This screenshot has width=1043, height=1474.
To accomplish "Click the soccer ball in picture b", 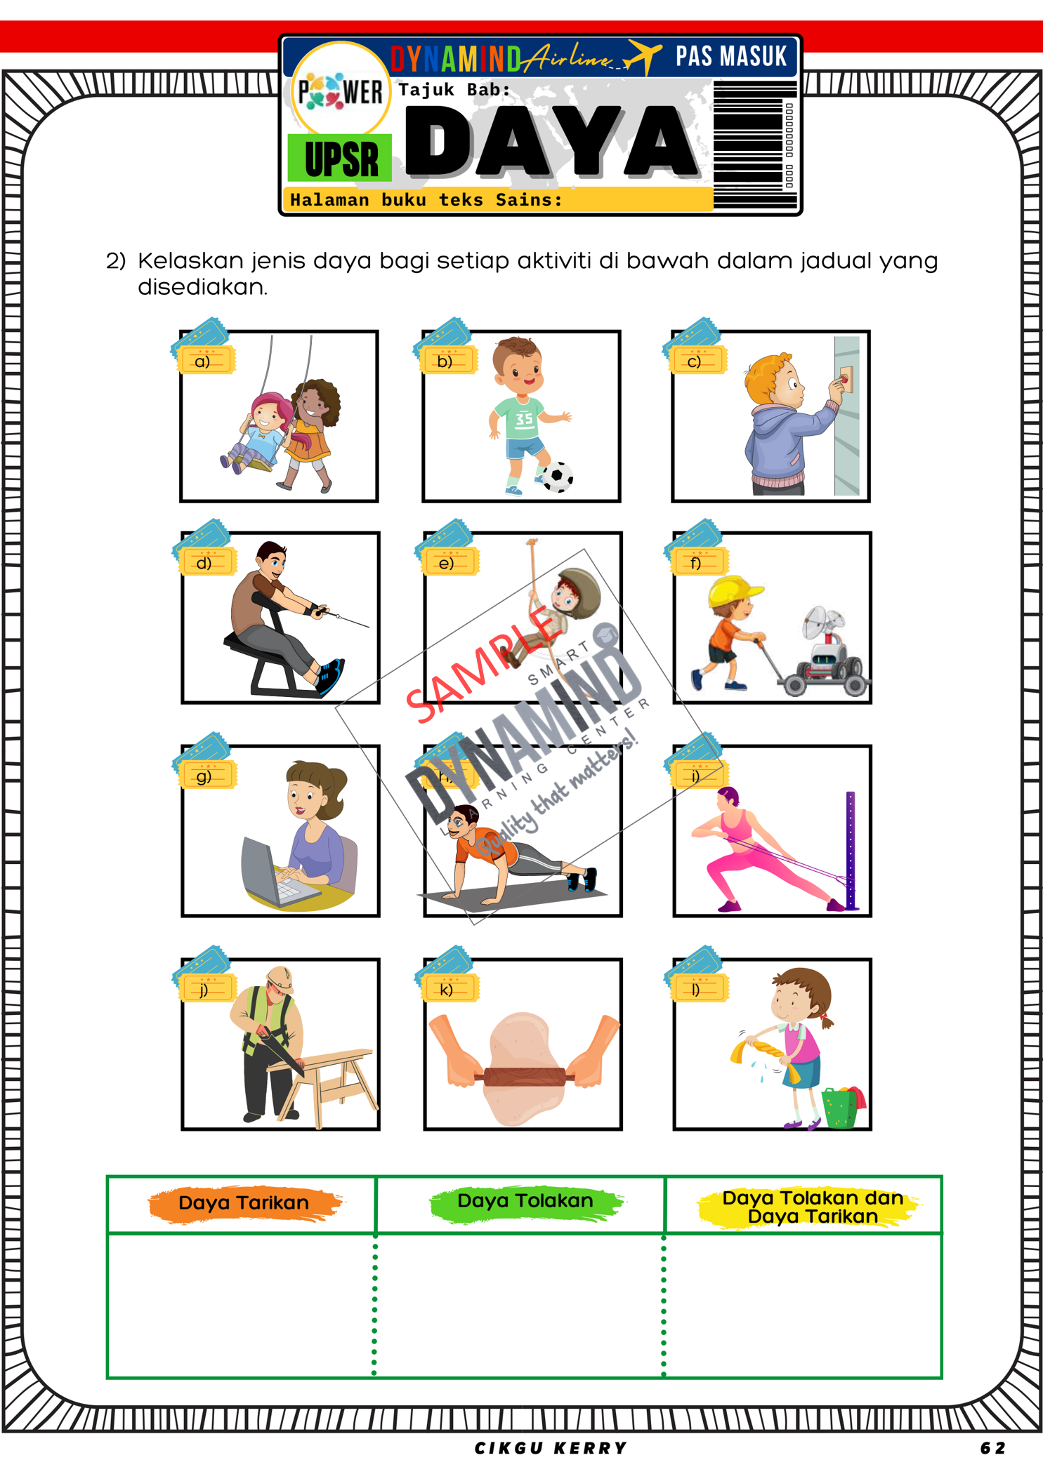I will coord(558,477).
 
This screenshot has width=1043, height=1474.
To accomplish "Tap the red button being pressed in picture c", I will coord(843,380).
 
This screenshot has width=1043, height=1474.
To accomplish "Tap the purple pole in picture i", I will coord(851,849).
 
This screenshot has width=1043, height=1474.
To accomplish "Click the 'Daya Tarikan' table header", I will coord(244,1203).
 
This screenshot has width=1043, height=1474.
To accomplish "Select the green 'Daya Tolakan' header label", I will coord(525,1201).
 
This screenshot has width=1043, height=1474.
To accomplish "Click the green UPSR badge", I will coord(341,159).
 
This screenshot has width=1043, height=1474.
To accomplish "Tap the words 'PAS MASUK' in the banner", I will coord(730,57).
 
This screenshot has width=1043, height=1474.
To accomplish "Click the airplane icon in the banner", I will coord(642,56).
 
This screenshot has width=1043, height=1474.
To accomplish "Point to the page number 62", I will coord(992,1448).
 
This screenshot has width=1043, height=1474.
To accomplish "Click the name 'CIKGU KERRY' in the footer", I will coord(551,1448).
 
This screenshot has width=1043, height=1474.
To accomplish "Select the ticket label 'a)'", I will coord(203,361).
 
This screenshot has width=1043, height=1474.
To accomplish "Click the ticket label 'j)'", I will coord(204,990).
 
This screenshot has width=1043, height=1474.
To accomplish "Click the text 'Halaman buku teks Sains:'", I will coord(426,200).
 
